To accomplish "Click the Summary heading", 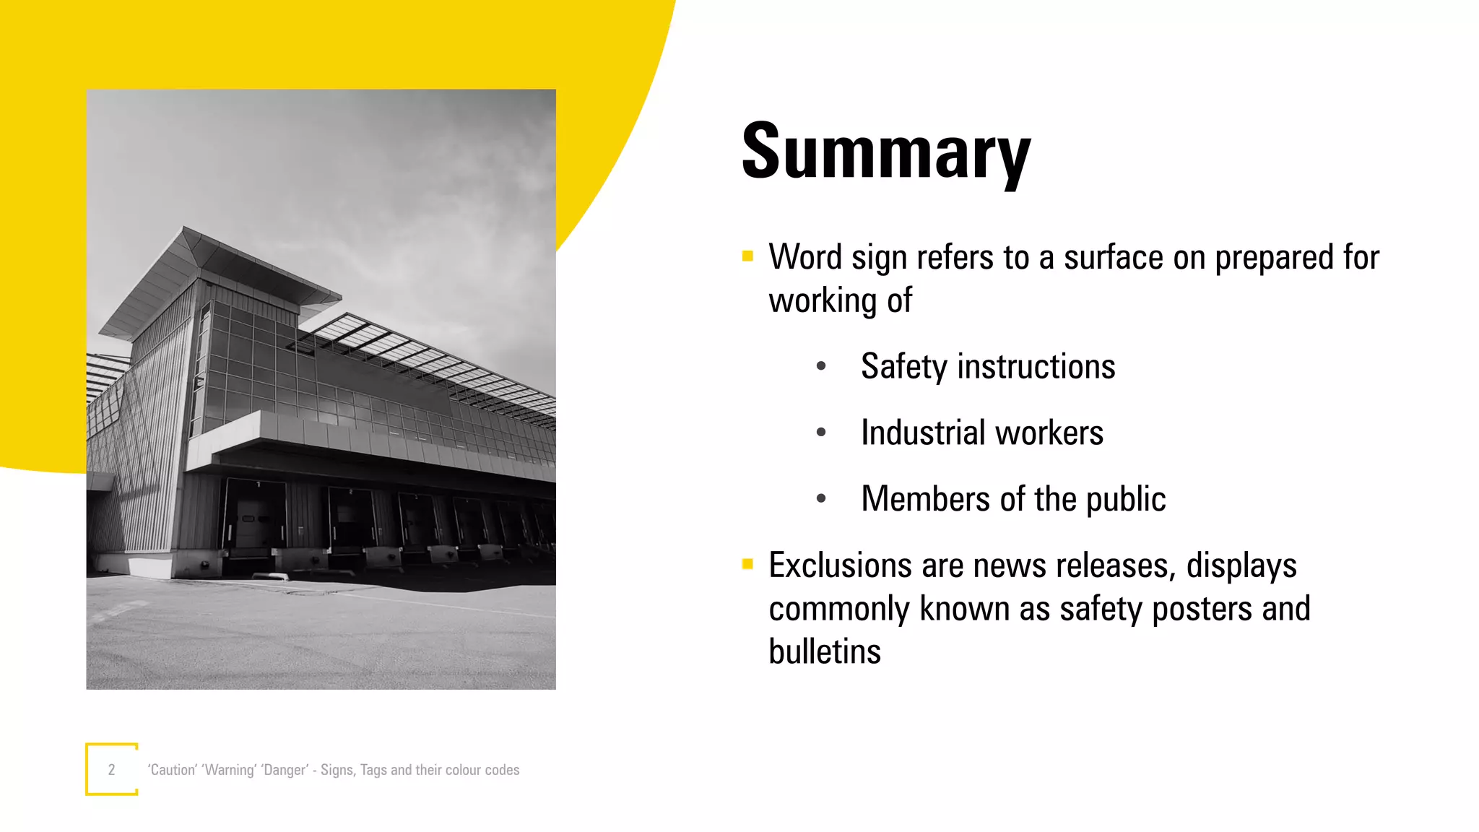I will (886, 153).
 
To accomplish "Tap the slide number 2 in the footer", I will (111, 770).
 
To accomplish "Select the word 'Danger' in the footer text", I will (285, 770).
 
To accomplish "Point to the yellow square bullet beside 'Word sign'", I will (747, 256).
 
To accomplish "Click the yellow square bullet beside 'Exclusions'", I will (747, 564).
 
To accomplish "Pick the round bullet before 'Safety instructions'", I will (821, 366).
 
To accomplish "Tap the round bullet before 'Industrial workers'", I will (821, 433).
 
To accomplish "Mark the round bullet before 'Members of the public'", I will (821, 498).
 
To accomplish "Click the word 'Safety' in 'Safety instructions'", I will (904, 367).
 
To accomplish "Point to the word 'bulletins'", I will (825, 651).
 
